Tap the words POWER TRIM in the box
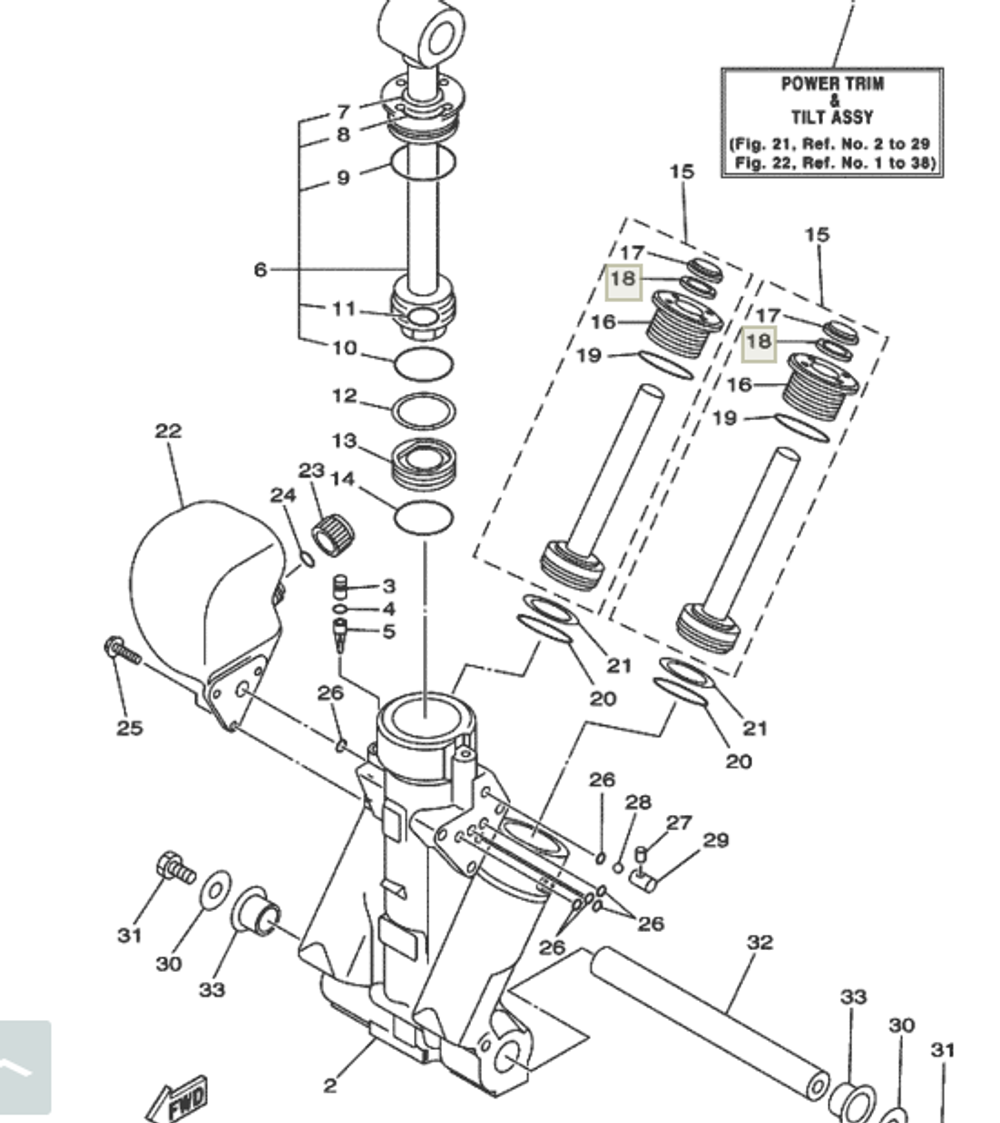pyautogui.click(x=832, y=84)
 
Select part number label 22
pyautogui.click(x=168, y=431)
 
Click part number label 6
pyautogui.click(x=260, y=269)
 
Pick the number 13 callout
pyautogui.click(x=344, y=441)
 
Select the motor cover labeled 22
pyautogui.click(x=205, y=590)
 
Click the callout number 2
pyautogui.click(x=330, y=1085)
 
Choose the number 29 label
pyautogui.click(x=715, y=840)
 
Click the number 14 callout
pyautogui.click(x=343, y=479)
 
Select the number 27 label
pyautogui.click(x=679, y=822)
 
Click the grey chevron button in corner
pyautogui.click(x=22, y=1067)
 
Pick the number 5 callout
pyautogui.click(x=388, y=631)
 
